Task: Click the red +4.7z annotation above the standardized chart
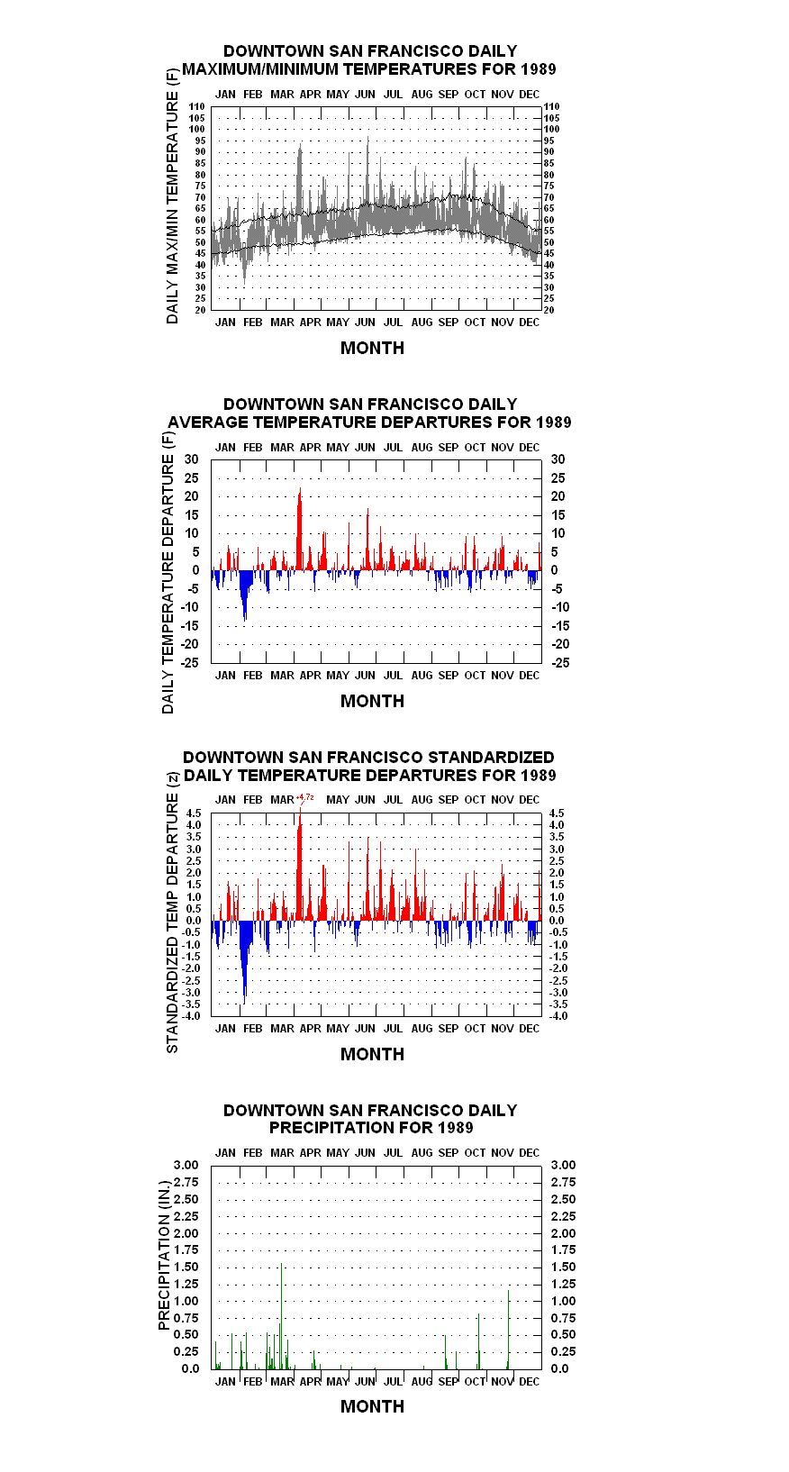(x=305, y=798)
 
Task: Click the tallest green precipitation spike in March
(x=281, y=1315)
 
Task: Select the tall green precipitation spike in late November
(x=508, y=1330)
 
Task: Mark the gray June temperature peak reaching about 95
(x=367, y=171)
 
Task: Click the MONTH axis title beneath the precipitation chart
(x=372, y=1406)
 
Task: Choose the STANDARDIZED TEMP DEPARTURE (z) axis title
(x=172, y=913)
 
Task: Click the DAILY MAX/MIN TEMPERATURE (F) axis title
(x=172, y=195)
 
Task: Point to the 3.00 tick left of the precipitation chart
(x=186, y=1165)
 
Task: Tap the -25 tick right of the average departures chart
(x=560, y=663)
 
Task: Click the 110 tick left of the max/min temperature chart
(x=197, y=106)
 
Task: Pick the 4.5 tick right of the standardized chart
(x=557, y=813)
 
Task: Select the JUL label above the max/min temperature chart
(x=393, y=95)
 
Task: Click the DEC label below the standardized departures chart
(x=529, y=1029)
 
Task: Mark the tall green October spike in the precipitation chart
(x=478, y=1341)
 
